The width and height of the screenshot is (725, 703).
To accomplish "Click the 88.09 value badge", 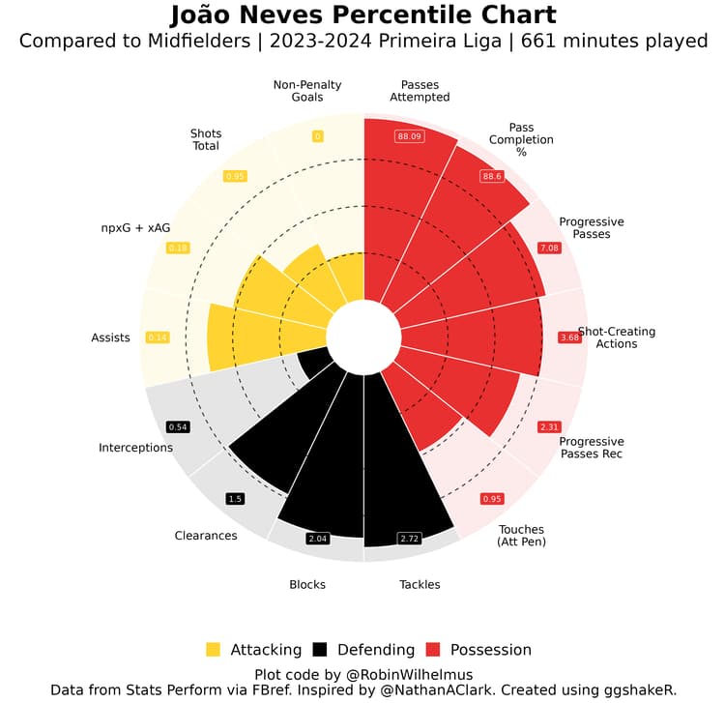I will pos(410,136).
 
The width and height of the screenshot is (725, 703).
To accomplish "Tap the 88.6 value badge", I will pos(493,177).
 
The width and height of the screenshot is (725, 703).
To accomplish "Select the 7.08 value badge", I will pos(549,249).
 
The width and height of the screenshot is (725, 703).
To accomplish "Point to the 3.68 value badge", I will pos(569,337).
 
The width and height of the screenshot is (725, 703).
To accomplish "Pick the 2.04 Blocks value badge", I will pos(318,538).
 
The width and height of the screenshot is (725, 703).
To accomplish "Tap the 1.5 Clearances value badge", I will pos(235,499).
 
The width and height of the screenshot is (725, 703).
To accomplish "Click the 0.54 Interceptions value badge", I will pos(178,426).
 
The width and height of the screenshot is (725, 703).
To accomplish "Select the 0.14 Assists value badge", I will pos(157,337).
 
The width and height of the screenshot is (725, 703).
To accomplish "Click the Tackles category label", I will pos(420,584).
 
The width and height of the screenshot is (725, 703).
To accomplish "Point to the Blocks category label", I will pos(307,584).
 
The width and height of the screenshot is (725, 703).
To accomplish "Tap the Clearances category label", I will pos(206,536).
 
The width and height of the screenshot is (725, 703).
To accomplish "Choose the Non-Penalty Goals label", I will pos(299,90).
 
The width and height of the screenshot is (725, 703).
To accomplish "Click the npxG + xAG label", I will pos(135,227).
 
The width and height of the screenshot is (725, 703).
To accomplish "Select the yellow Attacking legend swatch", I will pos(214,649).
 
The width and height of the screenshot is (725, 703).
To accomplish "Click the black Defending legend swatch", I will pos(319,649).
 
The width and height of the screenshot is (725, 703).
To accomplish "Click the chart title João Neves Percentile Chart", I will pos(362,16).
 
